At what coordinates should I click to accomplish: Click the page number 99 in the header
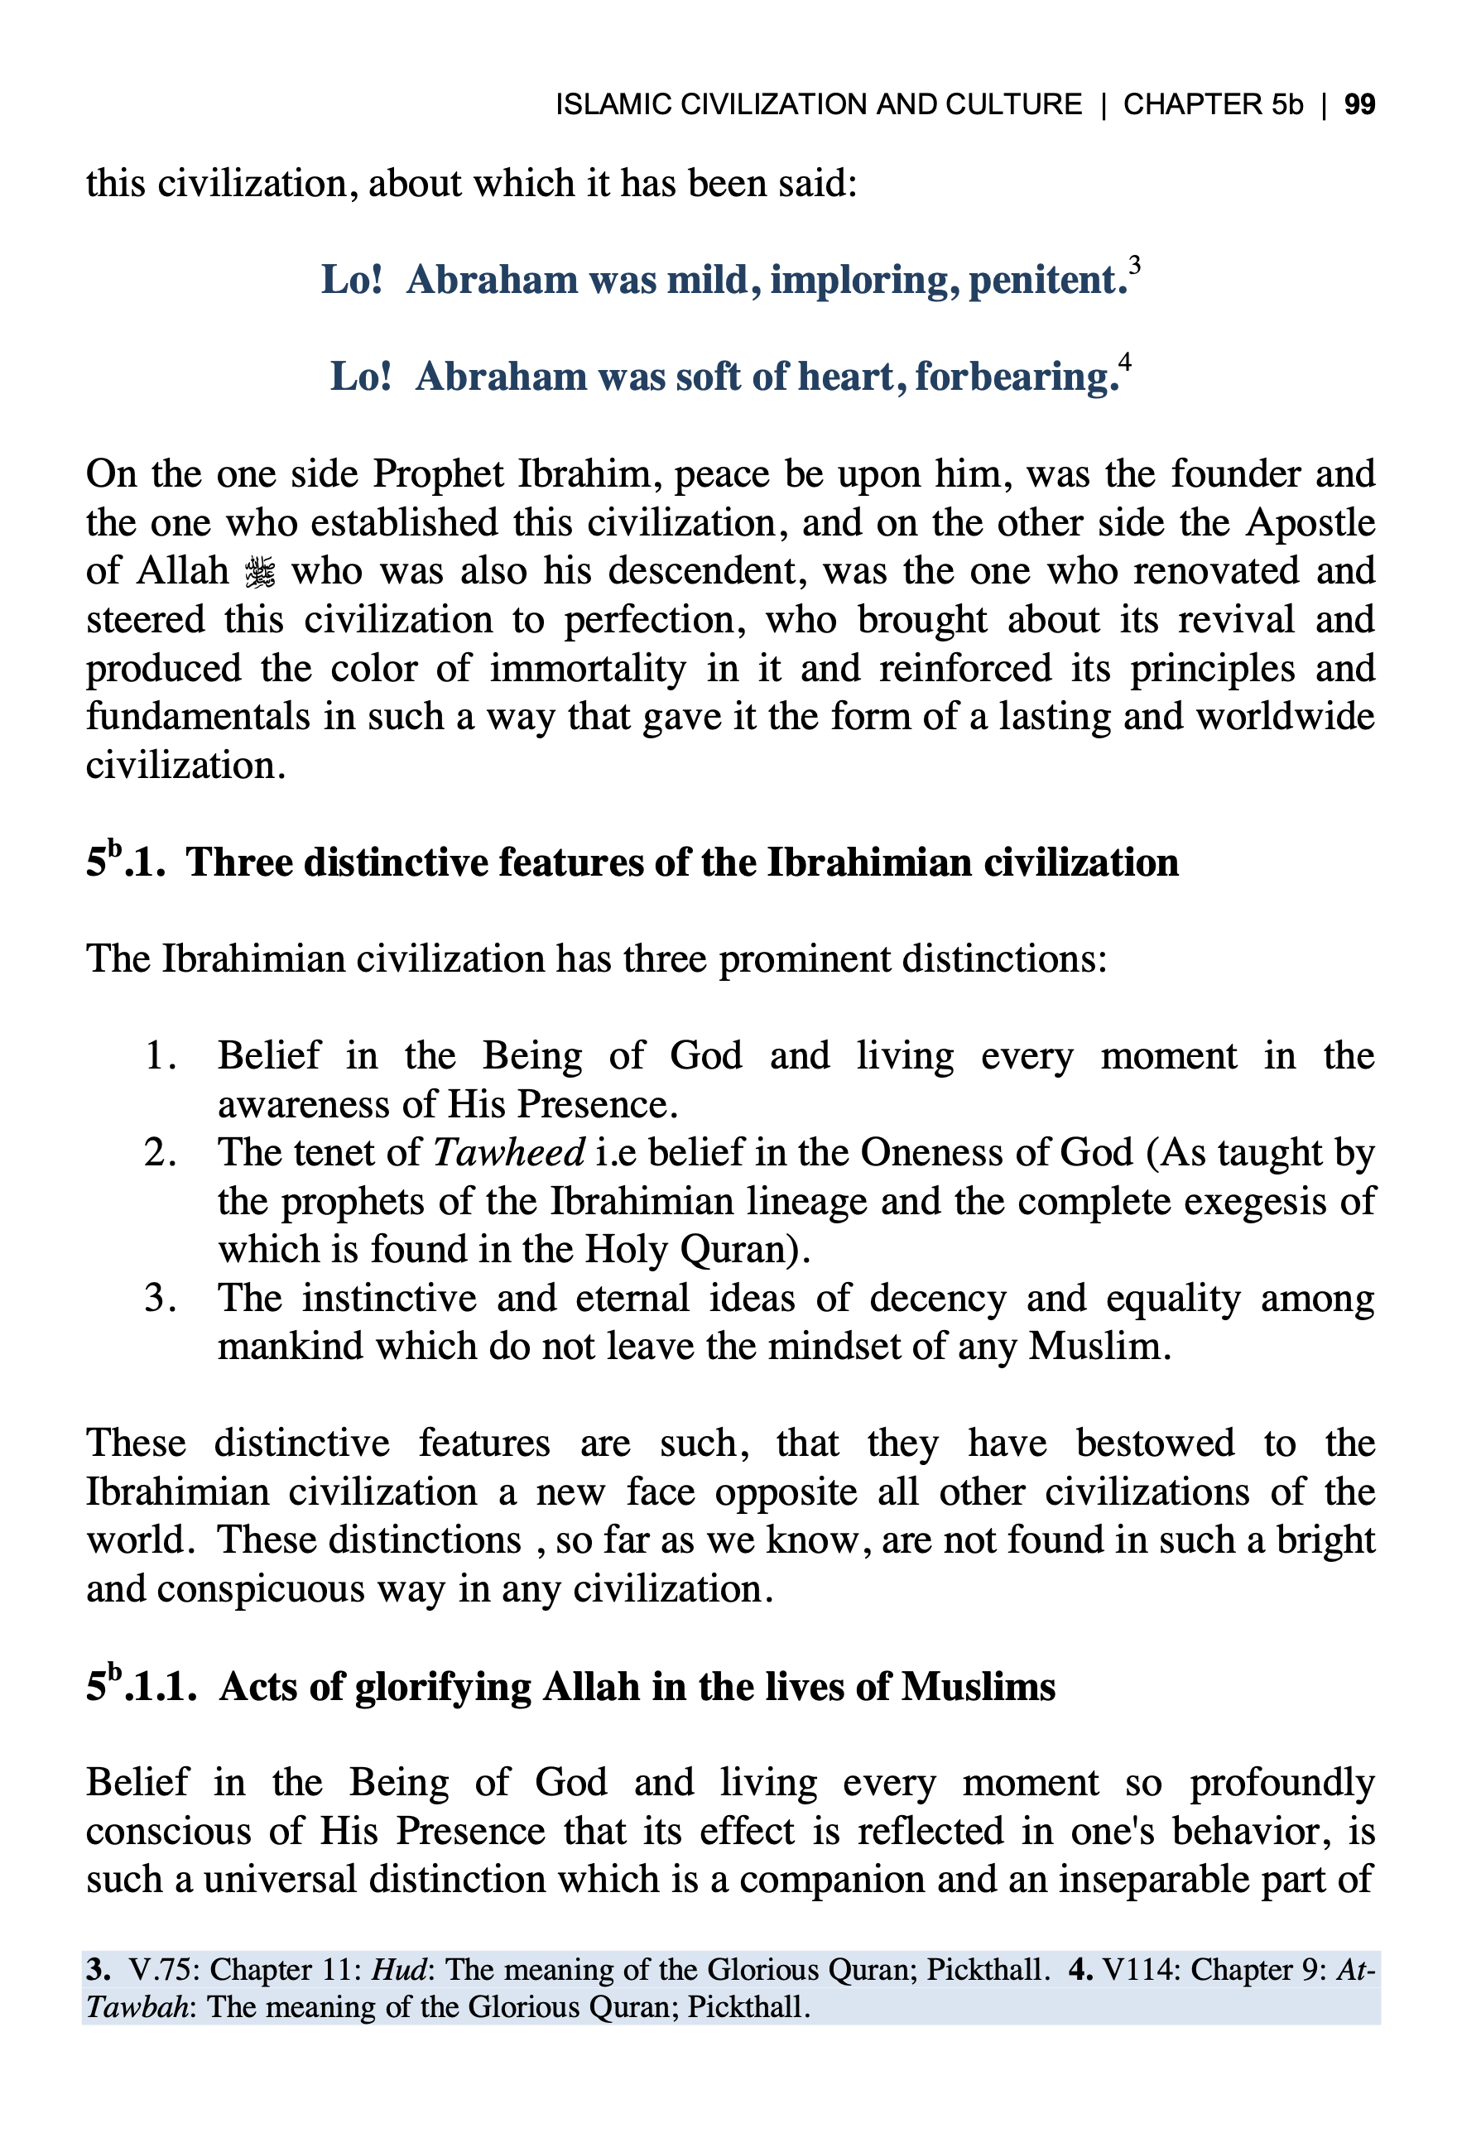(1358, 104)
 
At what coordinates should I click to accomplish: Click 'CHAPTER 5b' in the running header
(1213, 104)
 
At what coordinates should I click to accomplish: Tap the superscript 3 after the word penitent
(1135, 267)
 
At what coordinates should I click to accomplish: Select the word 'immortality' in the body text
(587, 669)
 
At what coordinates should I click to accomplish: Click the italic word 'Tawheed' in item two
(508, 1154)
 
